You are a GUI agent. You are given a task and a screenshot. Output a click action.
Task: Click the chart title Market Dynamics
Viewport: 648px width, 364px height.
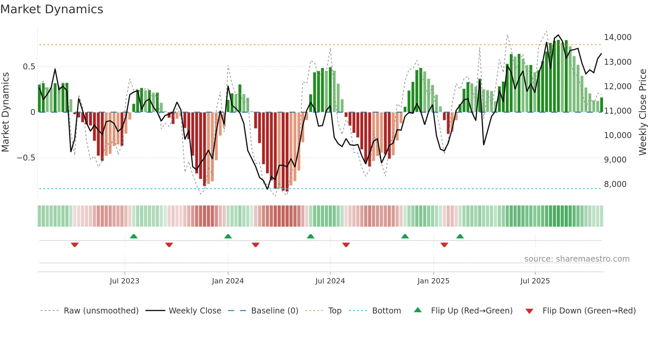[52, 9]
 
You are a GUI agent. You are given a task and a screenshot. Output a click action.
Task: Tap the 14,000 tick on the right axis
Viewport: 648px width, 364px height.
[618, 37]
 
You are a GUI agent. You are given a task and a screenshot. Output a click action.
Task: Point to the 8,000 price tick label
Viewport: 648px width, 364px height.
[615, 184]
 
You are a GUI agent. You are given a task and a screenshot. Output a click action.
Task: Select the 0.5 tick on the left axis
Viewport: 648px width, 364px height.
[29, 67]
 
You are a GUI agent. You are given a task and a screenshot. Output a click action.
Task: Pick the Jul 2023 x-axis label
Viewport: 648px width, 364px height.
[124, 281]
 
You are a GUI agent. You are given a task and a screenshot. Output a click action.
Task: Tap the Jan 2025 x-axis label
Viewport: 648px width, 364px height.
[433, 281]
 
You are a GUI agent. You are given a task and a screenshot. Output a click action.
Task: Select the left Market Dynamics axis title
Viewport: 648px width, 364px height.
[5, 112]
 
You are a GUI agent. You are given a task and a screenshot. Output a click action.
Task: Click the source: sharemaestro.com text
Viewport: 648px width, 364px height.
[577, 259]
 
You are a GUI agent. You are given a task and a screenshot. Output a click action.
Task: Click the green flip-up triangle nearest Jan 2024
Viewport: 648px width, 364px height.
[228, 237]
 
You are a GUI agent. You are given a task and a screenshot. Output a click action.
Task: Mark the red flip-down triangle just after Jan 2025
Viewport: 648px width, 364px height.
[444, 245]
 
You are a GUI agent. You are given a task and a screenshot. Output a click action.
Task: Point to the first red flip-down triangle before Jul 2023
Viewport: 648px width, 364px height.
[75, 245]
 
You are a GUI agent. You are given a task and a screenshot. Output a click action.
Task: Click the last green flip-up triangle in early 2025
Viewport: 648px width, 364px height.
[460, 237]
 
